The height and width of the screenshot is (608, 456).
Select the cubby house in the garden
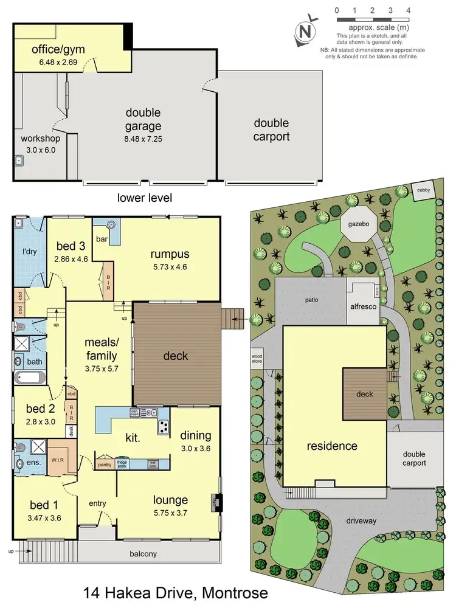pos(423,190)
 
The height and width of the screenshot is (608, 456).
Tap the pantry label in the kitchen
pos(105,464)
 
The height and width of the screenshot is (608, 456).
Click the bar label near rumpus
pos(102,240)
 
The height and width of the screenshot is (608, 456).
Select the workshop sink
pos(19,161)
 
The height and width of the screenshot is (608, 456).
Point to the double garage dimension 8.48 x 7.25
pos(143,139)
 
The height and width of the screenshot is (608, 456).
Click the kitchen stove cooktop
pos(163,427)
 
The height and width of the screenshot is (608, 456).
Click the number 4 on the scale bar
pos(408,10)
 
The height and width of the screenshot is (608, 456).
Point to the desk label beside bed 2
pos(71,430)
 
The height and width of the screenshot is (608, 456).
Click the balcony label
pos(143,553)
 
